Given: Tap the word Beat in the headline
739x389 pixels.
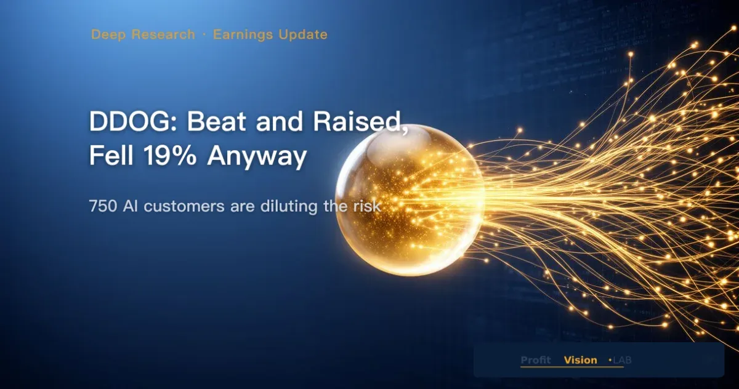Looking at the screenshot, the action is [x=217, y=121].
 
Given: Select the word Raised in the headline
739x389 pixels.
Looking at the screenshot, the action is [x=357, y=121].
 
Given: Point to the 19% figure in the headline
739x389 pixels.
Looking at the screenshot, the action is [x=169, y=155].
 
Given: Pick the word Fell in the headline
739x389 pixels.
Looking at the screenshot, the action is [x=111, y=155].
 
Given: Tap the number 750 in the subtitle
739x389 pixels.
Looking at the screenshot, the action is [x=103, y=206].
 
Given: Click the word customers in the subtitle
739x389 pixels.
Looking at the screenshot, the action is [x=184, y=207].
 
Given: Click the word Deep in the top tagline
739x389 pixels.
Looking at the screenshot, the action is [x=108, y=35].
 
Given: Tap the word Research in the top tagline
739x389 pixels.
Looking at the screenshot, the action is [x=163, y=34].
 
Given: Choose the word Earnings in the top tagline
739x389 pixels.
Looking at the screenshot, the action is [x=243, y=35].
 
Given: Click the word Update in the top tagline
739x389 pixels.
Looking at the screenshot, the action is [x=303, y=35].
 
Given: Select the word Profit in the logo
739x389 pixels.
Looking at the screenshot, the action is [x=536, y=360].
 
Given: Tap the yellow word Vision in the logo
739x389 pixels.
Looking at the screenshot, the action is [x=581, y=360].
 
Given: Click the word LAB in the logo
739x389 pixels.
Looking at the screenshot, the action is [x=622, y=360].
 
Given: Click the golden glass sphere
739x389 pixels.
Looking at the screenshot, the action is [x=410, y=200].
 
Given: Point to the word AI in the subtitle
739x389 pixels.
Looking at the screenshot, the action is [x=131, y=206].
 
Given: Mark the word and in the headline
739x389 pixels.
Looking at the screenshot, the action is [x=280, y=121].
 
